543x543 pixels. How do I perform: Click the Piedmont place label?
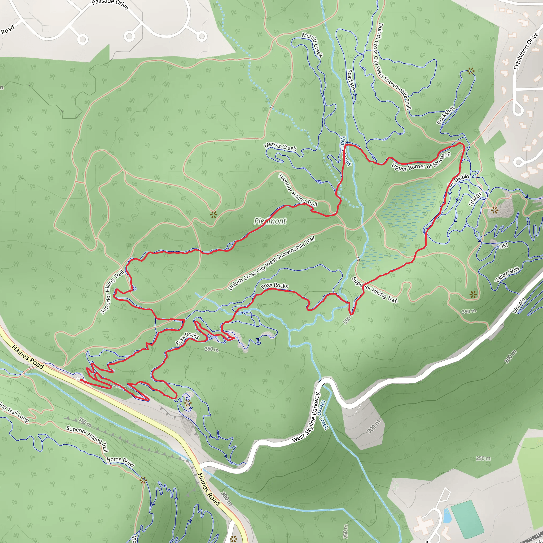click(x=270, y=221)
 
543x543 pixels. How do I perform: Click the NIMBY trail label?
click(x=476, y=199)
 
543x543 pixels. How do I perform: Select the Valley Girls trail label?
click(x=507, y=274)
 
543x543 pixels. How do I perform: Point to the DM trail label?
click(x=503, y=246)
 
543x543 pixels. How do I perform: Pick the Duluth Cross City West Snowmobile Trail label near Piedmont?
click(x=271, y=263)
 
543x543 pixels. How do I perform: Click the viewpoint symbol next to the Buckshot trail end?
click(x=471, y=71)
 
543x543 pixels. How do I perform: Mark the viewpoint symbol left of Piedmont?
click(x=214, y=215)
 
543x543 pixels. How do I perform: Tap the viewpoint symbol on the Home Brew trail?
click(x=143, y=480)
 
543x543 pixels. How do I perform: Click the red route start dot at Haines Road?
click(x=81, y=380)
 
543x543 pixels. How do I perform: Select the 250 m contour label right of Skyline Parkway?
click(x=483, y=458)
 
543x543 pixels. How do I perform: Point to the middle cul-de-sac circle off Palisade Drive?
click(x=129, y=36)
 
